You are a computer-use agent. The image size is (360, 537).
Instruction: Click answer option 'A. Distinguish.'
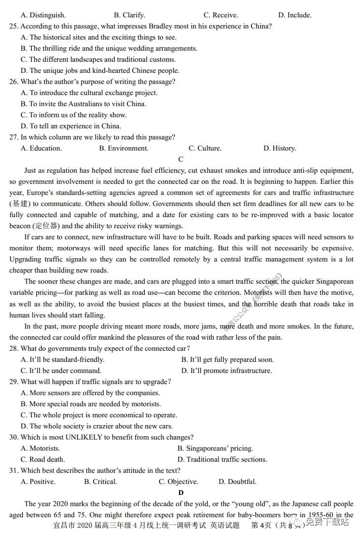(43, 15)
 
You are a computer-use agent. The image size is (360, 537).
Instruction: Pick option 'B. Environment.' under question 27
(124, 148)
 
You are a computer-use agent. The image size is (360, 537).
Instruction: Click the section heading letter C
(180, 159)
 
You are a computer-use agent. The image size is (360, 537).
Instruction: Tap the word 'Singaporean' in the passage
(332, 281)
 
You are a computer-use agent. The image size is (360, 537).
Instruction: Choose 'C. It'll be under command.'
(61, 371)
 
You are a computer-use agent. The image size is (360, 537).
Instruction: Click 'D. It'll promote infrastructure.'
(226, 371)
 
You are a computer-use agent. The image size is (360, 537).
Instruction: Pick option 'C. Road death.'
(42, 459)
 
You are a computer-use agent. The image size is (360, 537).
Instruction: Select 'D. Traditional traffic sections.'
(222, 459)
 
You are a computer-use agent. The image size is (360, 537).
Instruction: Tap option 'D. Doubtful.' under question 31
(237, 482)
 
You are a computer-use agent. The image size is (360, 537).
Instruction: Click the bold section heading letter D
(181, 493)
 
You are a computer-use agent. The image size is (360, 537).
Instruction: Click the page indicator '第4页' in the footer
(261, 525)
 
